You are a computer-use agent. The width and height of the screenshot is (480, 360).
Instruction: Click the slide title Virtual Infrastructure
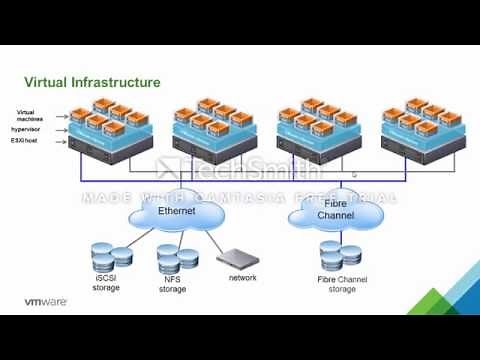click(x=92, y=81)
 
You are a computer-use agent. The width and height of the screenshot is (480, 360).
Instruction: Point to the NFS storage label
click(x=171, y=285)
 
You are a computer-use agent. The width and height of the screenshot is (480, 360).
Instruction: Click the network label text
click(x=243, y=277)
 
